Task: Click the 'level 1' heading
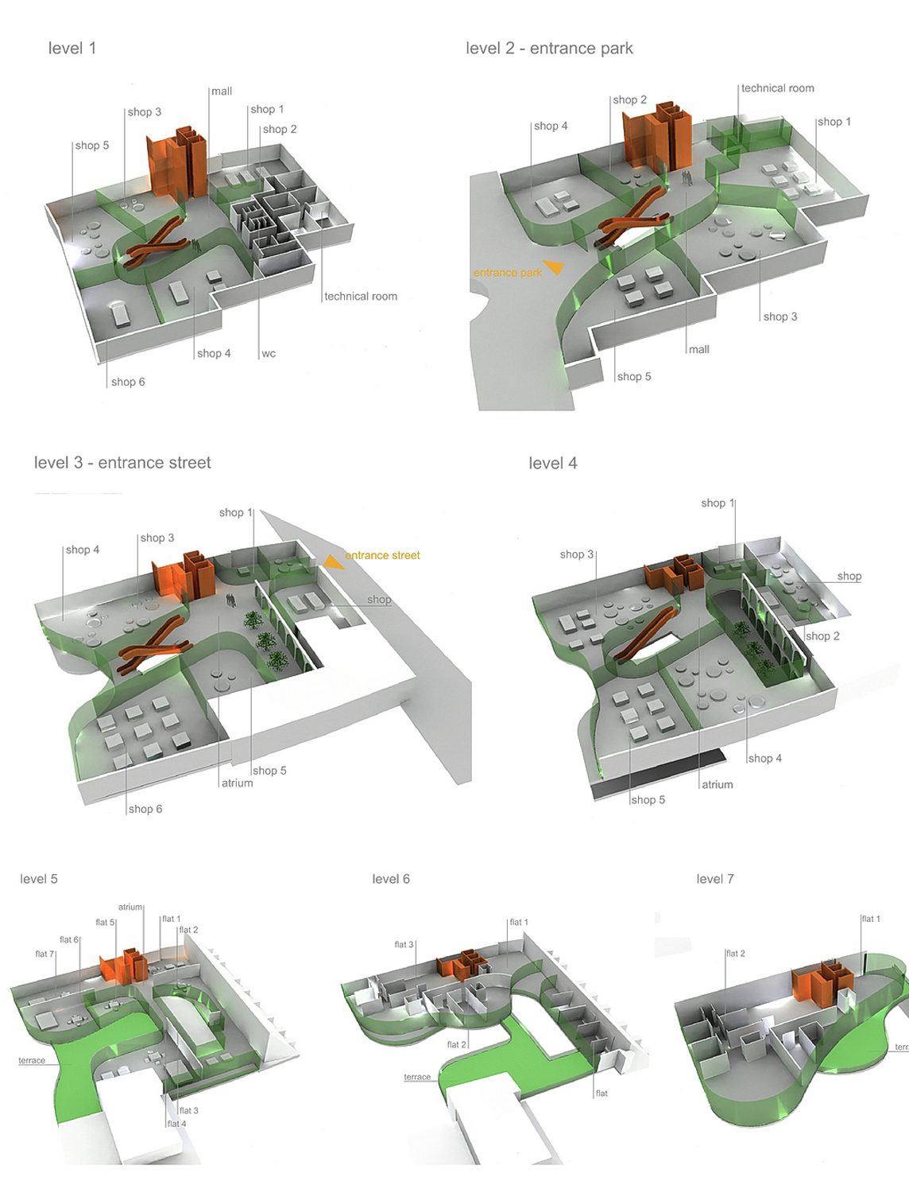click(x=72, y=49)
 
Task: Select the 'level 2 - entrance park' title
click(x=549, y=49)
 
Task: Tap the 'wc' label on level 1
click(x=269, y=354)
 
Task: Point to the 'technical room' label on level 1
click(x=360, y=297)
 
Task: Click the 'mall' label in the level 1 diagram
click(x=222, y=91)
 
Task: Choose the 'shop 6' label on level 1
click(x=128, y=383)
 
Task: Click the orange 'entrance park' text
click(x=507, y=273)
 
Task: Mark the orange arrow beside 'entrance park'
click(x=555, y=267)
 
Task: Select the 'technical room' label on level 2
click(x=777, y=88)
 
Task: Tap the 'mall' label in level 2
click(x=699, y=350)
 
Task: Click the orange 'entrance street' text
click(x=382, y=556)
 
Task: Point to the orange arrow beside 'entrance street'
click(x=335, y=562)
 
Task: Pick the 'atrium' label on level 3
click(x=237, y=783)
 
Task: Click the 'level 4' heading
click(x=553, y=464)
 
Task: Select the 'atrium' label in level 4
click(x=717, y=785)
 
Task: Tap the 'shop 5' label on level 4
click(x=648, y=800)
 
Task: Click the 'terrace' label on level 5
click(x=32, y=1061)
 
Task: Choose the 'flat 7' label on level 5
click(x=44, y=954)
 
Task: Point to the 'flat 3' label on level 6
click(x=404, y=945)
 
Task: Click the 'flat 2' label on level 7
click(x=735, y=954)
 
